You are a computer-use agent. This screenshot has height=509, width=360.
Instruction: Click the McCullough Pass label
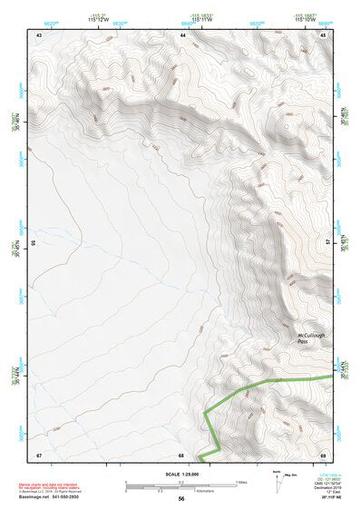[311, 338]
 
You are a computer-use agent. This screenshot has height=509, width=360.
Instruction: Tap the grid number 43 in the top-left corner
[39, 34]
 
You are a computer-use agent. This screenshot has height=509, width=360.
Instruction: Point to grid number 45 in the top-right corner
[324, 34]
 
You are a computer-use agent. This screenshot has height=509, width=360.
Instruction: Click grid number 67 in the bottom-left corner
[39, 454]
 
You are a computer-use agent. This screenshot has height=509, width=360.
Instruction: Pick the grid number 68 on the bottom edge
[180, 455]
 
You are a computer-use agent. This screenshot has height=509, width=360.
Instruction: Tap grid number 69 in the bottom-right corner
[323, 454]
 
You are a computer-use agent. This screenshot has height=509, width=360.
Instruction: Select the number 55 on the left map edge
[33, 243]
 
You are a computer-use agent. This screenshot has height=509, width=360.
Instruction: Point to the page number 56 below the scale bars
[181, 499]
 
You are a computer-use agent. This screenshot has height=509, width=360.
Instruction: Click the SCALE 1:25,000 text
[180, 474]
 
